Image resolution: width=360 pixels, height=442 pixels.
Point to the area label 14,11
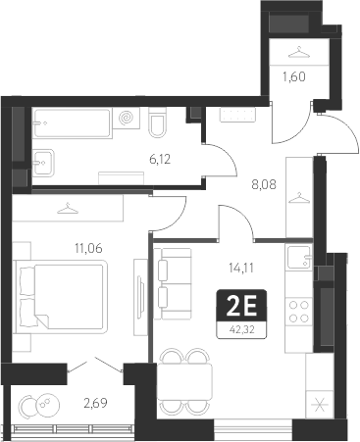point(238,262)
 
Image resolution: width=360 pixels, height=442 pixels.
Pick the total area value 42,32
point(241,328)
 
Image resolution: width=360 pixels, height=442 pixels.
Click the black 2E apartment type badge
point(241,308)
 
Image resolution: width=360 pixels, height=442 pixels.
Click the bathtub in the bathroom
point(75,123)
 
